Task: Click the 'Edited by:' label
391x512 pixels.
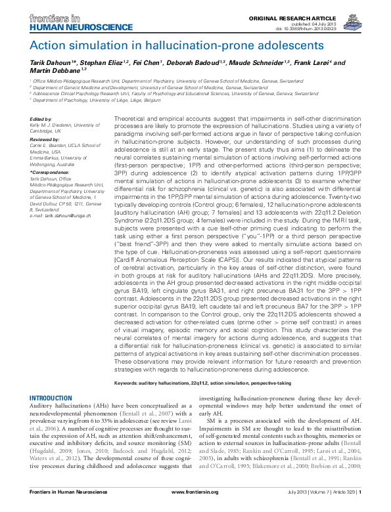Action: pos(41,112)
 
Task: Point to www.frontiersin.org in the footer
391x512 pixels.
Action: pos(196,503)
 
